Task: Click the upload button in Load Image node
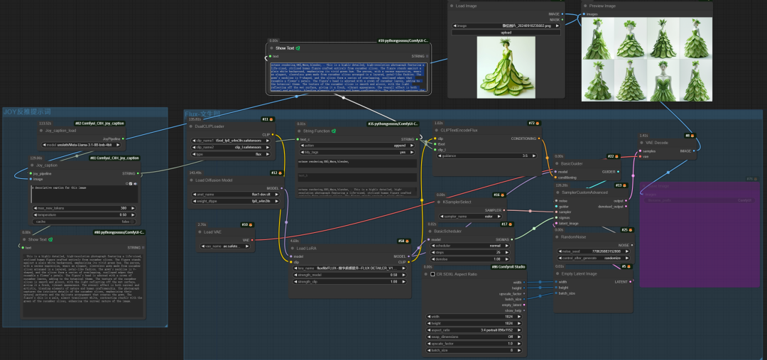point(506,33)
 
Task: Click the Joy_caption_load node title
point(61,131)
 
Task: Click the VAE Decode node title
point(657,142)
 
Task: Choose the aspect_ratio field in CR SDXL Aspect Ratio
point(472,330)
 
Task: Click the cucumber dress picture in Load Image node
point(506,67)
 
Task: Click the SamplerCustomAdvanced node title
point(584,192)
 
